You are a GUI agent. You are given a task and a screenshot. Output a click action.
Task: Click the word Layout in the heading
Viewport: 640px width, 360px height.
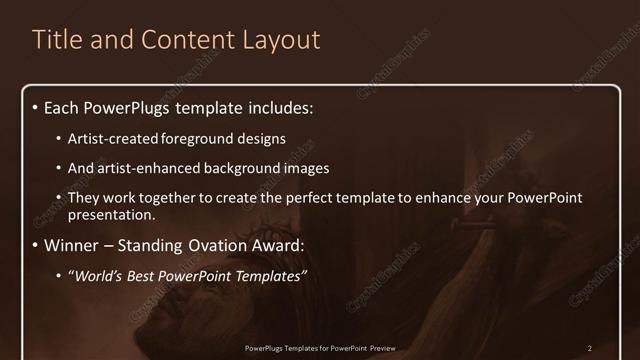pos(283,40)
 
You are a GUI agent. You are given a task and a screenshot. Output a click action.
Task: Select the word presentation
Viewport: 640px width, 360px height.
pos(112,215)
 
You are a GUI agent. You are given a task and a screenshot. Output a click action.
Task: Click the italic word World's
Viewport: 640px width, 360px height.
pos(97,275)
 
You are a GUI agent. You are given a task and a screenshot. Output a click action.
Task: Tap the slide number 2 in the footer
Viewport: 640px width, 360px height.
pos(590,347)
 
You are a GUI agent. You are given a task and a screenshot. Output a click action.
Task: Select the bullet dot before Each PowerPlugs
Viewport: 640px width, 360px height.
pos(37,105)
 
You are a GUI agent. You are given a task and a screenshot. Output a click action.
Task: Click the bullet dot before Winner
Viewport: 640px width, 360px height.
pos(37,245)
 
